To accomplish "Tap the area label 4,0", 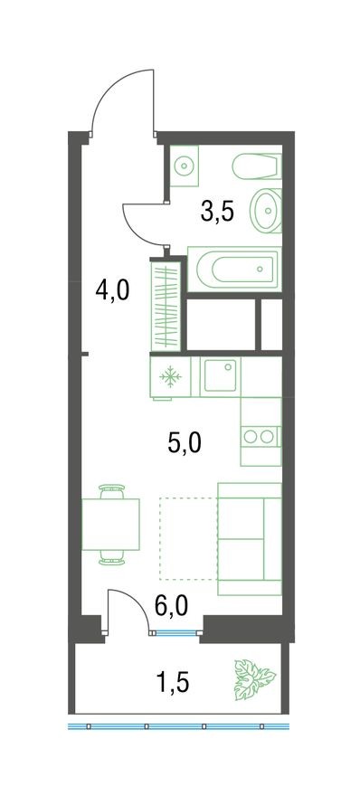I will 111,291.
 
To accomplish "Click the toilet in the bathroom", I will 256,168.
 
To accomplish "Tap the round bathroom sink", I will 266,210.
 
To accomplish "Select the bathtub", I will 232,268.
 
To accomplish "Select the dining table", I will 112,524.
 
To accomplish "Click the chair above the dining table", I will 112,491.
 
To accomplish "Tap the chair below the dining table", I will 112,557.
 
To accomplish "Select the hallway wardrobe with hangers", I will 166,305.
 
